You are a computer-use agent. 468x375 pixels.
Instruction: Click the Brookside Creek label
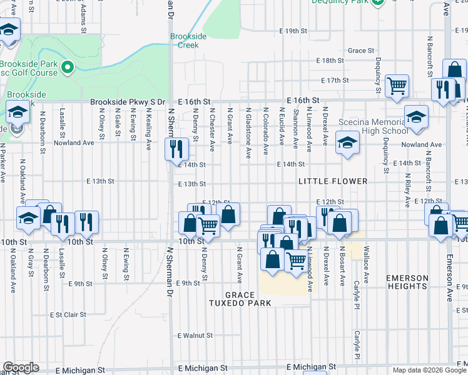(188, 41)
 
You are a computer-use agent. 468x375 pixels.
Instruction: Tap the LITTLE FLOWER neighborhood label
(332, 181)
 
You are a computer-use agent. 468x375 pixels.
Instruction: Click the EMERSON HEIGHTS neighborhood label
(407, 282)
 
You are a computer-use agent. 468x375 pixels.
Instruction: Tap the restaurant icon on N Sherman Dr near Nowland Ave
(176, 149)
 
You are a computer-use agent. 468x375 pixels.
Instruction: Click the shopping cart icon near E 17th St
(397, 86)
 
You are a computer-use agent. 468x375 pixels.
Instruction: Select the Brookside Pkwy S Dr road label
(128, 101)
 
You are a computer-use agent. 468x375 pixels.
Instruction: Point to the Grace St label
(361, 51)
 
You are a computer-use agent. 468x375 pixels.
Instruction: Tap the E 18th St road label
(330, 60)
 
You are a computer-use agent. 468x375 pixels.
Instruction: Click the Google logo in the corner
(20, 367)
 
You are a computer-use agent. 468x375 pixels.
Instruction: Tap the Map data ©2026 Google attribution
(429, 370)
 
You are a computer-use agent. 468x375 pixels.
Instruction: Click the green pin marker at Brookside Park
(68, 66)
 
